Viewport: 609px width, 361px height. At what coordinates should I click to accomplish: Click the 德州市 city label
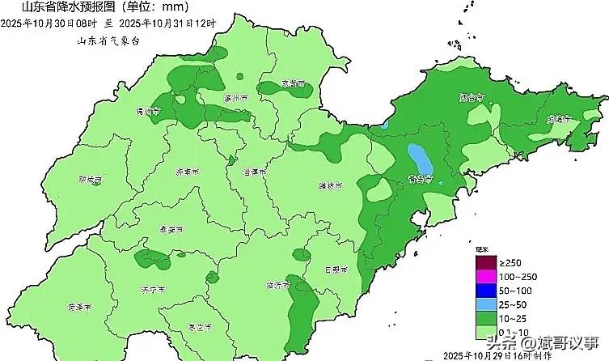(150, 112)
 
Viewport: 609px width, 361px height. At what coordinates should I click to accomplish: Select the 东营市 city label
(293, 84)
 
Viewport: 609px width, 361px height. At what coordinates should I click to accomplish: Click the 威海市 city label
(559, 119)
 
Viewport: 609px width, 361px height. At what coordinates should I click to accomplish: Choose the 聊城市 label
(91, 180)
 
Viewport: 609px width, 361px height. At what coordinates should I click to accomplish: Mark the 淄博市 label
(254, 172)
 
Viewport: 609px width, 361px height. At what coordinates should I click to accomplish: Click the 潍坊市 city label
(330, 186)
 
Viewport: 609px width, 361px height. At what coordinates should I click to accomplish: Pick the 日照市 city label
(335, 270)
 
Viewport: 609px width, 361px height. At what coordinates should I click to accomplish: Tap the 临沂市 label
(279, 285)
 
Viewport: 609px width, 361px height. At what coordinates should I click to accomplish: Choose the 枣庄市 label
(198, 327)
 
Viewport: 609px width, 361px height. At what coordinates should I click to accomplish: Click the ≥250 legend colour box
(484, 261)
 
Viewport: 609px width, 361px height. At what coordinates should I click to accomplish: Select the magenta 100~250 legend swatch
(484, 277)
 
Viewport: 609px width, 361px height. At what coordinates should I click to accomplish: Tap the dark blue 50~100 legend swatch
(484, 291)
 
